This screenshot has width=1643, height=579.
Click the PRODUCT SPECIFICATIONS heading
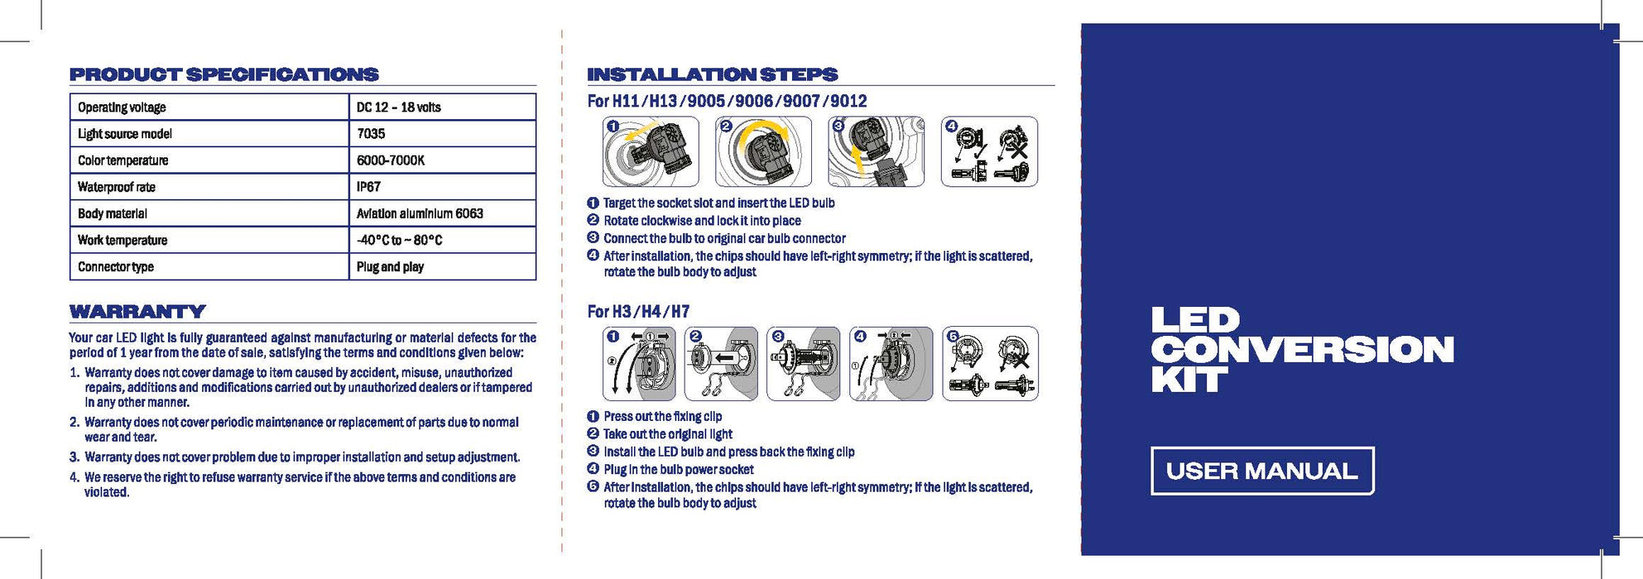point(223,74)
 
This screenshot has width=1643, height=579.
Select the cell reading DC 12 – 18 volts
point(398,108)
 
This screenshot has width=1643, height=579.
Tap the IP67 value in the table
point(368,187)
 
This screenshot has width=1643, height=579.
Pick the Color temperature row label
point(123,160)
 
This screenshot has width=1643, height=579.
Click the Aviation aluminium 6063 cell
point(420,213)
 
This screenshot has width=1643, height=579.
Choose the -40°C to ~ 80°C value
point(399,241)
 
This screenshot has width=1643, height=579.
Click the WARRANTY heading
point(137,312)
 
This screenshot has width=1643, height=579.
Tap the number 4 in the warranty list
point(74,477)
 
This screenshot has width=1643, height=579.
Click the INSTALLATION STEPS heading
point(712,74)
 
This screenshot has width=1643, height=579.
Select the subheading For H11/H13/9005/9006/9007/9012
point(727,101)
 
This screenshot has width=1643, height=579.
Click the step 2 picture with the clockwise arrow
point(763,151)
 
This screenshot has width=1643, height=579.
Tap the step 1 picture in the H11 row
point(651,151)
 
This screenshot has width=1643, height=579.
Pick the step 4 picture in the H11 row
point(989,151)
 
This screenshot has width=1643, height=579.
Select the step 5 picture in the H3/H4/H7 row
point(990,364)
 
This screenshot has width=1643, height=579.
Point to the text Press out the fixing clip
point(662,417)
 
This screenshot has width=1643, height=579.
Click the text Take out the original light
point(667,434)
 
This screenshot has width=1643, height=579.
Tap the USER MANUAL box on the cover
point(1261,471)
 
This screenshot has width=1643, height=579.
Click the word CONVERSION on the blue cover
point(1301,350)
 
